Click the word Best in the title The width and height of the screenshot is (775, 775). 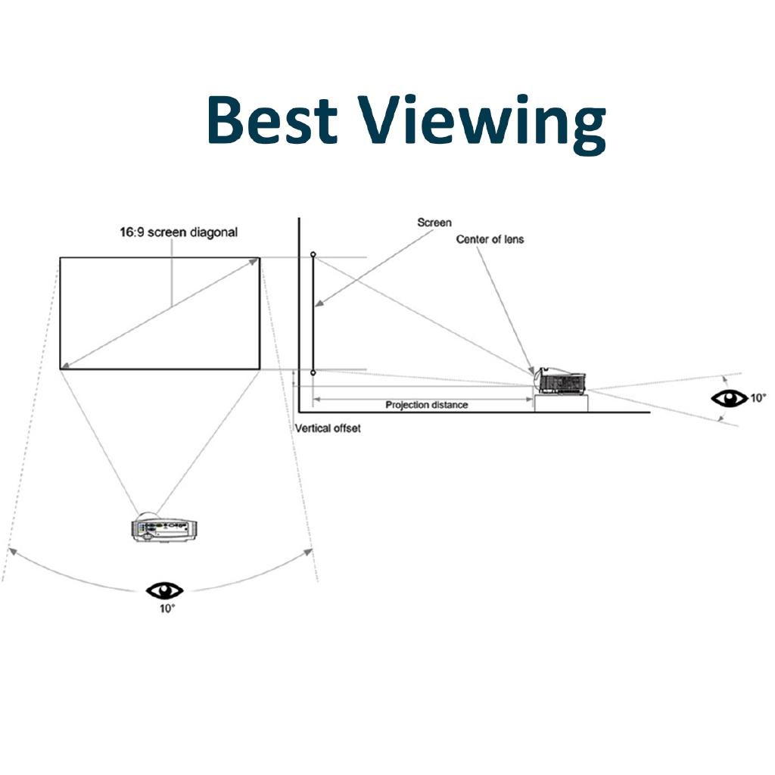(x=271, y=122)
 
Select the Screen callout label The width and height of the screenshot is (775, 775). (x=434, y=223)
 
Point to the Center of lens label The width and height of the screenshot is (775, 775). (x=490, y=239)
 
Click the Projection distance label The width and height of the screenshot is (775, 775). (x=427, y=405)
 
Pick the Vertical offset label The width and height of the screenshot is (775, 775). (x=328, y=428)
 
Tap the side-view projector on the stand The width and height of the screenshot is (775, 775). (x=560, y=381)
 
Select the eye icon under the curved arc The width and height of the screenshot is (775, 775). (x=165, y=590)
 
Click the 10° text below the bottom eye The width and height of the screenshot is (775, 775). (x=167, y=608)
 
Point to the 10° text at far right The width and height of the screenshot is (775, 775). (x=758, y=397)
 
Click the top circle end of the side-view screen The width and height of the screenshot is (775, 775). (x=313, y=254)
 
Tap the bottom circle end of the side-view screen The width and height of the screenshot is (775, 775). (x=313, y=372)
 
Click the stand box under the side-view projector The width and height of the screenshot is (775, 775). (x=562, y=403)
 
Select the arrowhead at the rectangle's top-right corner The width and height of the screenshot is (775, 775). (x=255, y=262)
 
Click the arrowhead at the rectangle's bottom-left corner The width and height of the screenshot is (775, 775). (x=67, y=365)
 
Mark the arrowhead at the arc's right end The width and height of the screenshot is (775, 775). (x=308, y=551)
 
